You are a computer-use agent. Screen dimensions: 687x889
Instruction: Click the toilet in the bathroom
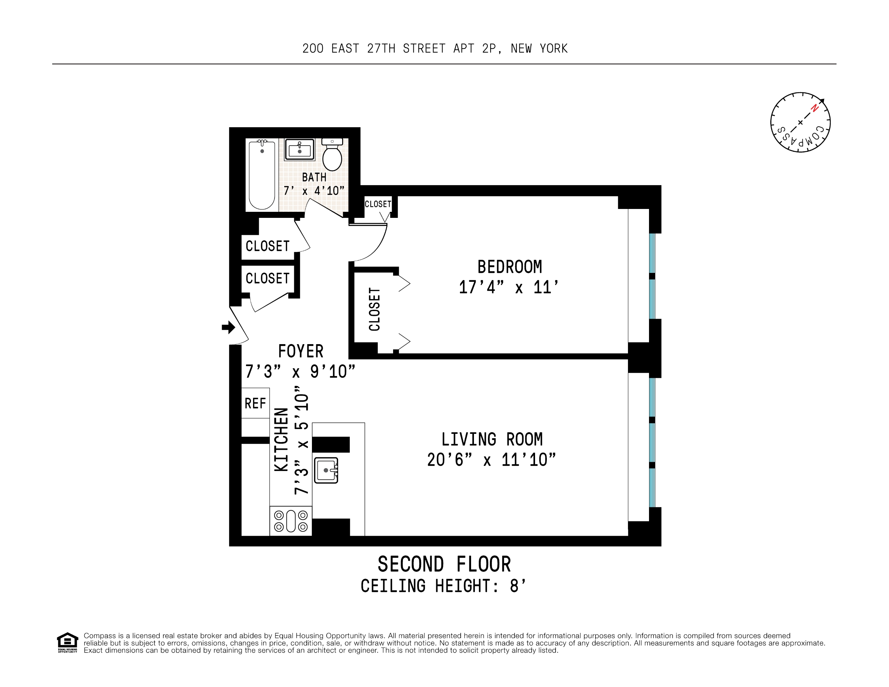click(332, 156)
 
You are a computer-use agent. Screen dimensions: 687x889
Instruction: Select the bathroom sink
click(300, 150)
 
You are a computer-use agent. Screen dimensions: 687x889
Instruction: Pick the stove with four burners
click(291, 521)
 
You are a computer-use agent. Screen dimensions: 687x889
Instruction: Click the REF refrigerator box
click(255, 403)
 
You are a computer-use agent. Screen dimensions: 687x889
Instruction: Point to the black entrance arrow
click(228, 327)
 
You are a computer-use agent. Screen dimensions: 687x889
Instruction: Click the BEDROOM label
click(509, 267)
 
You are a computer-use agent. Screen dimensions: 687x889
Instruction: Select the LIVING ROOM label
click(492, 440)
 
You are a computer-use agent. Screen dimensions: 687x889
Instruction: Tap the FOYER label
click(300, 351)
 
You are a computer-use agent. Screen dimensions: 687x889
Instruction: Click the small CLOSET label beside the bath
click(378, 204)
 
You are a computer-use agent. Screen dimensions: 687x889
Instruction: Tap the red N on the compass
click(815, 108)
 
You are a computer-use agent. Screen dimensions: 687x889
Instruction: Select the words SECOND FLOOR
click(444, 564)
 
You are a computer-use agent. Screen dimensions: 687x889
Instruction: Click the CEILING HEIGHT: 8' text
click(444, 586)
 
